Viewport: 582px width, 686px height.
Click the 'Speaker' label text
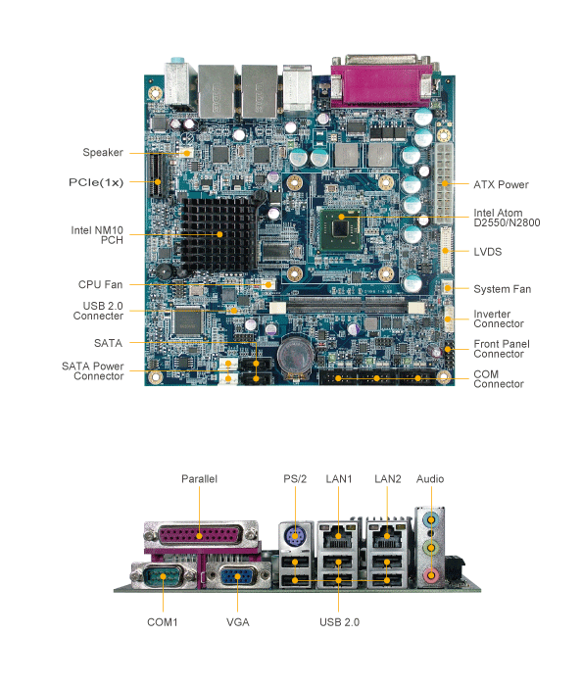coord(103,152)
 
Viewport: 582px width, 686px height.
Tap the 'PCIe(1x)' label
coord(96,182)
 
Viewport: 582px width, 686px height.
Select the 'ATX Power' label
coord(501,184)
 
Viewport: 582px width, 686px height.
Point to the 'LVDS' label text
coord(488,252)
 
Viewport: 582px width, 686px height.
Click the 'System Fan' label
coord(503,289)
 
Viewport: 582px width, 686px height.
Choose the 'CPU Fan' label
coord(100,285)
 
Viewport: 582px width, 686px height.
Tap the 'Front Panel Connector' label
coord(502,349)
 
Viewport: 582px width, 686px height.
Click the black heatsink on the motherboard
coord(218,233)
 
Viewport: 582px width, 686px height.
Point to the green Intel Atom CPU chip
coord(341,229)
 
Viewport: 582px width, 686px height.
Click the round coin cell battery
coord(295,355)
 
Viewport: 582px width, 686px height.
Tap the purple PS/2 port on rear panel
coord(295,536)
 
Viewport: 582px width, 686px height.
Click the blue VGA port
coord(238,576)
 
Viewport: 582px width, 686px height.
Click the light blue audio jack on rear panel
coord(431,519)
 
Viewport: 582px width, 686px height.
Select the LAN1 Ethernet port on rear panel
coord(338,536)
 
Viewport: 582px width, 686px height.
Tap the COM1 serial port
coord(163,576)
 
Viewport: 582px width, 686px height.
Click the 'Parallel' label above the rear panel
coord(200,479)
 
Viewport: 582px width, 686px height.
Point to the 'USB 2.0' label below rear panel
coord(339,622)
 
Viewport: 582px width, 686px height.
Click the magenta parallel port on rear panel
coord(200,535)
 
